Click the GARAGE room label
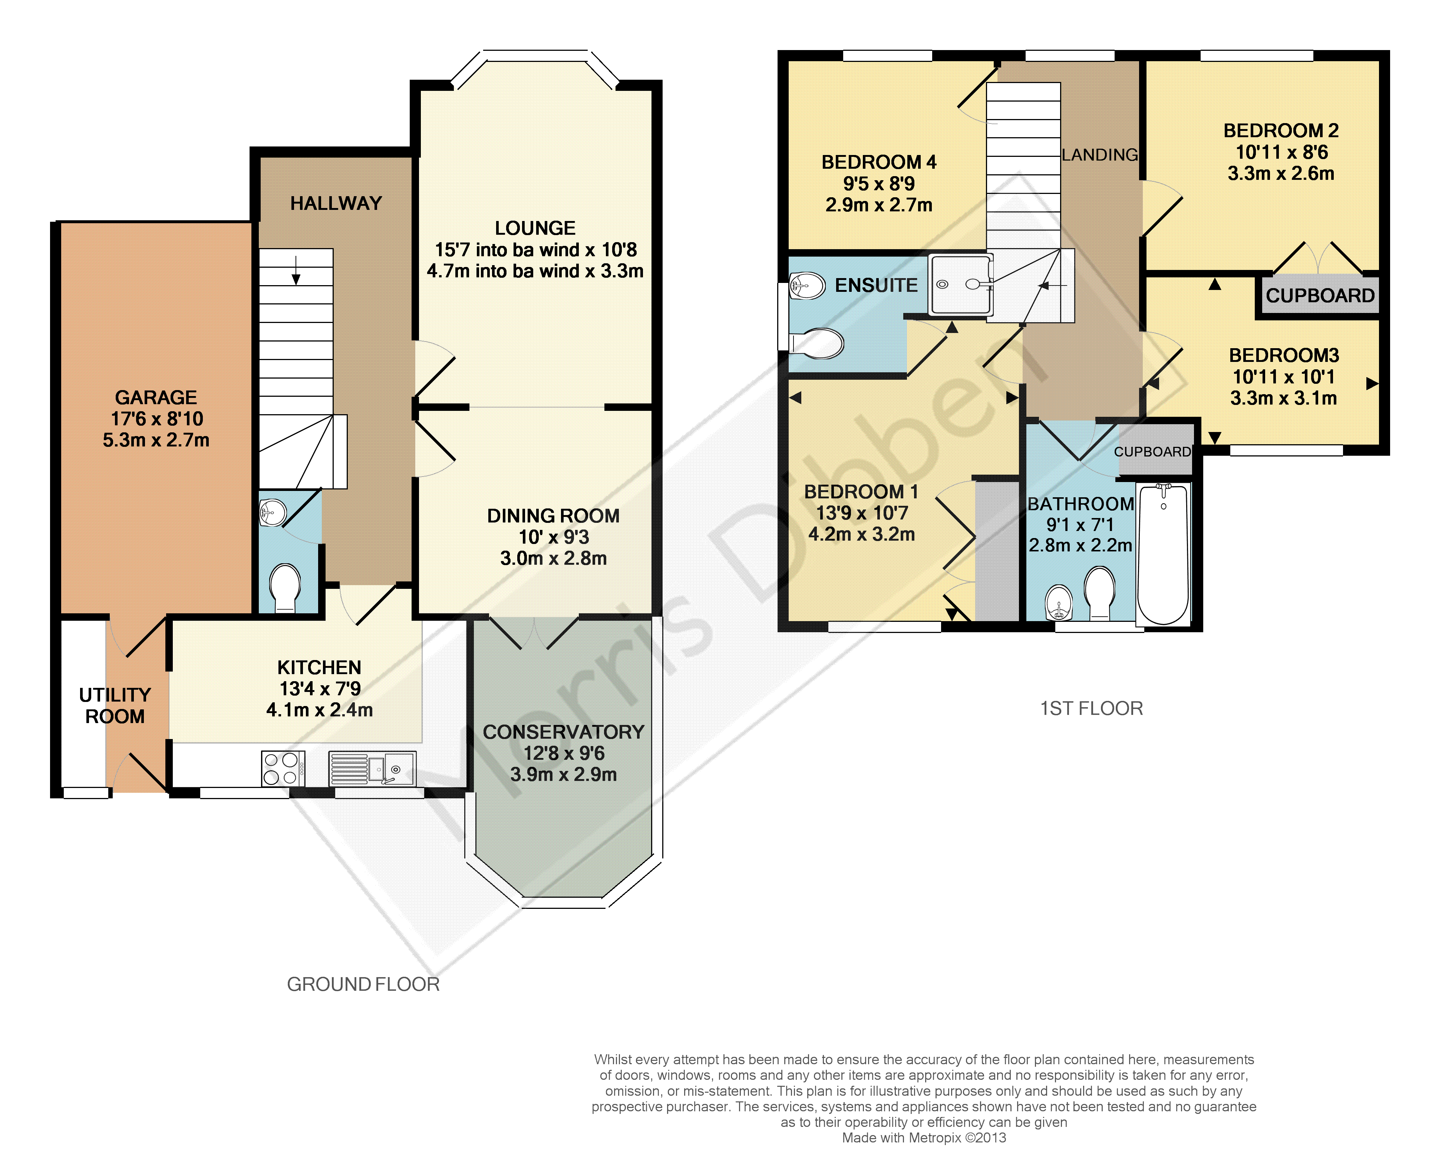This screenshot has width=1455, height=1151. (x=156, y=398)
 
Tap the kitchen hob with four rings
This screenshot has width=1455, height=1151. (x=283, y=768)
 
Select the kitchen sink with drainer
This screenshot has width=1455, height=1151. (x=372, y=768)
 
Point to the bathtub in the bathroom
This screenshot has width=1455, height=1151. (x=1163, y=554)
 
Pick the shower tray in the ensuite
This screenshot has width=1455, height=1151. (x=960, y=284)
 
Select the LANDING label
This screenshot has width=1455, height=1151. (x=1100, y=155)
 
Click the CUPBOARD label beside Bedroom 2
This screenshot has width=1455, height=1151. (x=1320, y=295)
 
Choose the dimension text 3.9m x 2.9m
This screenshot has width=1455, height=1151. (x=563, y=774)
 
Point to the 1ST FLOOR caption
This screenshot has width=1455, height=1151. (x=1092, y=708)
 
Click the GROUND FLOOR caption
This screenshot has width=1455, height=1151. (x=363, y=985)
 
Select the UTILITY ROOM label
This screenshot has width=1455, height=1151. (x=115, y=706)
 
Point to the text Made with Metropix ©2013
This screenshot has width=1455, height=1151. (x=924, y=1138)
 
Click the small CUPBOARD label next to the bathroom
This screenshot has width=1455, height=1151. (x=1152, y=452)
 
